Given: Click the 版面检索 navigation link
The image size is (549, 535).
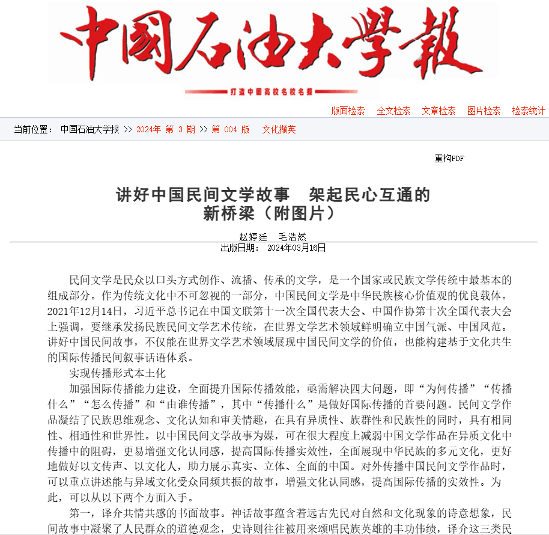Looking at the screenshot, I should point(348,111).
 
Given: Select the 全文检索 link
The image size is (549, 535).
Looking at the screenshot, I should point(393,111).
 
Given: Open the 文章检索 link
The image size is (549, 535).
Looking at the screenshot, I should point(438,111).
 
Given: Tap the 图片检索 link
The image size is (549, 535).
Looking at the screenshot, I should point(484,111).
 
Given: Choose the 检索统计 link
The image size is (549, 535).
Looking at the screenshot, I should point(529,111).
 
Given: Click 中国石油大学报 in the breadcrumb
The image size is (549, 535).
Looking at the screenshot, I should point(89,129).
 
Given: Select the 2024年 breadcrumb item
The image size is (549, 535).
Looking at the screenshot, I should point(148,129).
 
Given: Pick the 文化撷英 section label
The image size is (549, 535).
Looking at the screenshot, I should point(279,129).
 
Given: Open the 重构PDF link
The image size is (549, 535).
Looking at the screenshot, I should point(449,159).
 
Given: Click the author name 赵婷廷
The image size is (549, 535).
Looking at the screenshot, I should point(252,237).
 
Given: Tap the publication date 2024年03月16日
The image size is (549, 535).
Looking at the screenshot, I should point(296,247).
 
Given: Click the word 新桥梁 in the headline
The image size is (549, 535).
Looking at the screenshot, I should point(226,213).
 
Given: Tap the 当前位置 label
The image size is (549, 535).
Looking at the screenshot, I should point(34,129).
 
